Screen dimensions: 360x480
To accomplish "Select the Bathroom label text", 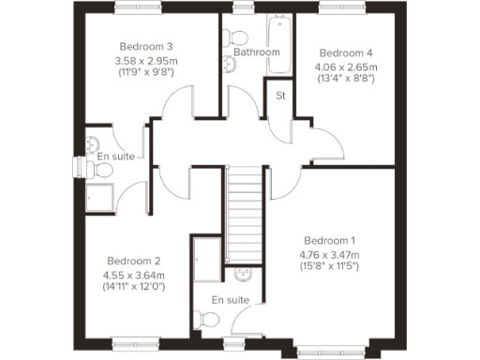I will click(x=257, y=52).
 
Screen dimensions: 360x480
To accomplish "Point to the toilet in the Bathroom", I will click(x=235, y=37).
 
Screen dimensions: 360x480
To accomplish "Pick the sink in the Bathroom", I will click(x=229, y=64).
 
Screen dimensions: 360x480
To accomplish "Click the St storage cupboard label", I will click(x=279, y=95).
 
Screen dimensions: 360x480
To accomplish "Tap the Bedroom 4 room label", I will click(x=346, y=52).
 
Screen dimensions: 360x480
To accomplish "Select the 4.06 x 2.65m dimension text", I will click(x=346, y=67).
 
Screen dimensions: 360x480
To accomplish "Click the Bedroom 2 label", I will click(x=134, y=261).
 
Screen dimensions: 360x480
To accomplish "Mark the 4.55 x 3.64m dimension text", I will click(x=134, y=276).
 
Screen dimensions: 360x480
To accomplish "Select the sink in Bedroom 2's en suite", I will click(x=93, y=142).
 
